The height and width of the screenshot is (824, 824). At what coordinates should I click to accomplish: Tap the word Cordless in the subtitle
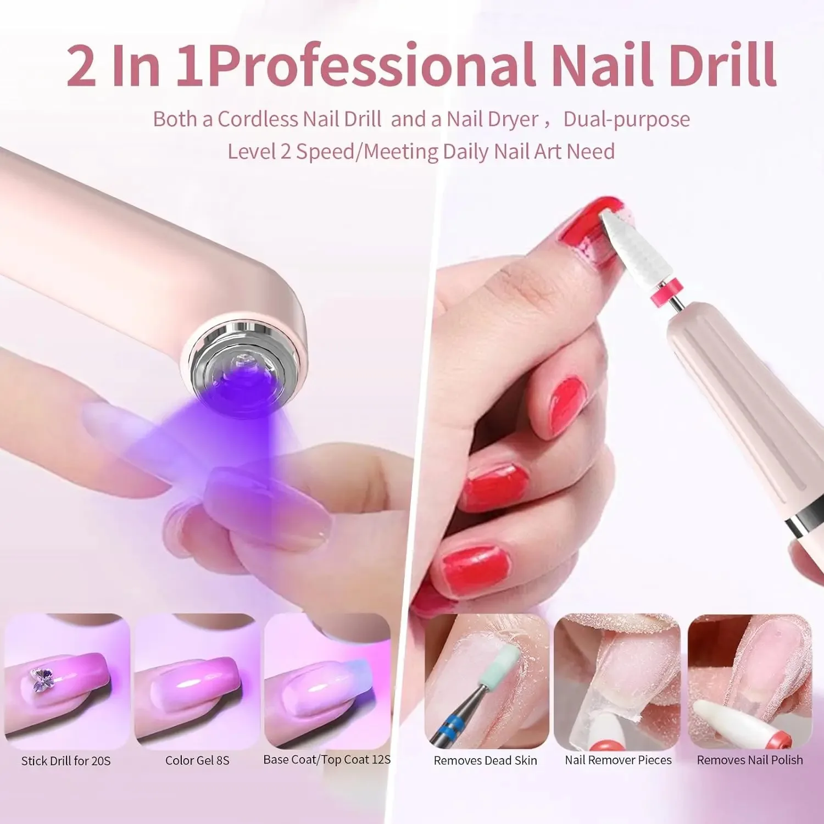coord(259,119)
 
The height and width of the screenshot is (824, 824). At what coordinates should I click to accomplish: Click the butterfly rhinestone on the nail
coord(41,680)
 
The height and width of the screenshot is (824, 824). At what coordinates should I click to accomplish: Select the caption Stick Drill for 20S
coord(66,761)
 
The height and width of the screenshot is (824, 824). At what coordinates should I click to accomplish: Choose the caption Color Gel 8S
coord(197,761)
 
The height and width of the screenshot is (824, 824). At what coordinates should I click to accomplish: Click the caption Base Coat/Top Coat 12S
coord(327,760)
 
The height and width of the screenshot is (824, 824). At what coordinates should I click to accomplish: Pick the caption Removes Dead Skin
coord(486,761)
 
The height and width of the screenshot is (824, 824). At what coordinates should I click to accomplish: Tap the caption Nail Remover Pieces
coord(618,760)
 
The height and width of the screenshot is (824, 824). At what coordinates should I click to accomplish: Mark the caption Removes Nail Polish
coord(750,760)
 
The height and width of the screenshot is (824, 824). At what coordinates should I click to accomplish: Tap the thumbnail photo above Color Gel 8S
coord(197,681)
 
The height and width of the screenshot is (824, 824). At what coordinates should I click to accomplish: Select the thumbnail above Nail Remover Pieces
coord(617,681)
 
